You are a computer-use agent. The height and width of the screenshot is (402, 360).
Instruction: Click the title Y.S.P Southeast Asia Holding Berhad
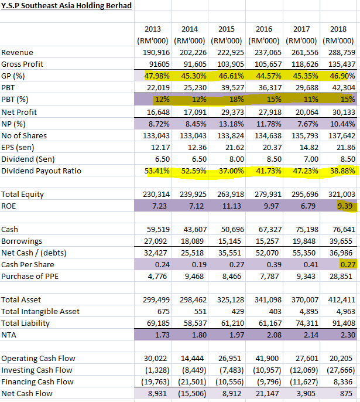(x=66, y=6)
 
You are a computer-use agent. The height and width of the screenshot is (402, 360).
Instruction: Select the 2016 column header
(x=264, y=29)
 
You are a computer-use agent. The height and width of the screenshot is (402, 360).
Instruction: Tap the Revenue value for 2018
(x=340, y=52)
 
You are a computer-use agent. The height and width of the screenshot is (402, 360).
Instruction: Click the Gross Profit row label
(x=22, y=64)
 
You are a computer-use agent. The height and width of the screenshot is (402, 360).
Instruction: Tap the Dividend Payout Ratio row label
(x=41, y=171)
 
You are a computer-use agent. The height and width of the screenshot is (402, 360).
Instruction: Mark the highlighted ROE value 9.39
(x=344, y=206)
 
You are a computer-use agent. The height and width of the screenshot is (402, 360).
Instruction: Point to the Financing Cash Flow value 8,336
(x=343, y=381)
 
